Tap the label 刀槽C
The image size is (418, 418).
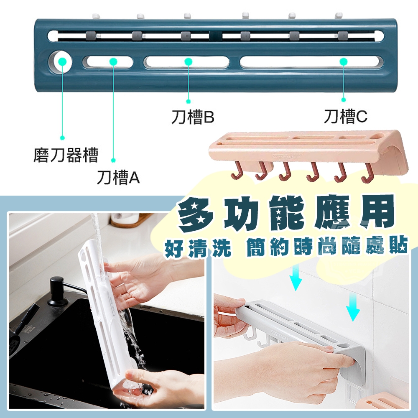click(346, 116)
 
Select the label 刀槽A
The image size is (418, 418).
click(118, 177)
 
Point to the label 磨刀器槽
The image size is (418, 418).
click(66, 155)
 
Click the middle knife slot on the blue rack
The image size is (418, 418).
click(186, 62)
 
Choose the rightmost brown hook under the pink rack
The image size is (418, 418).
click(367, 173)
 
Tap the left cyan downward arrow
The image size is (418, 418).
click(296, 278)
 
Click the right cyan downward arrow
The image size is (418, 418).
click(353, 306)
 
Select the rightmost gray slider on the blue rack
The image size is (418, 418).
click(343, 35)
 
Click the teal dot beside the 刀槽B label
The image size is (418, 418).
click(189, 101)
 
